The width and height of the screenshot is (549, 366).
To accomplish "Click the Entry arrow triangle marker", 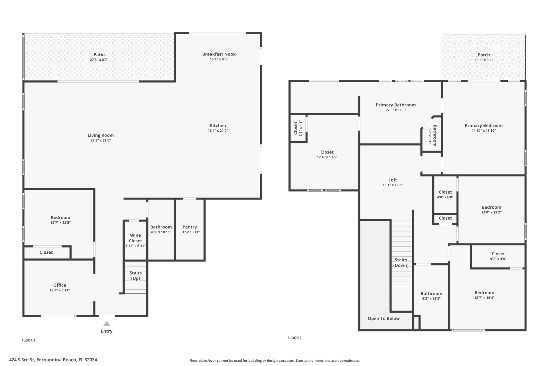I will (107, 324).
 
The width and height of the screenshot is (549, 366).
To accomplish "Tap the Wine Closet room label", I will (135, 238).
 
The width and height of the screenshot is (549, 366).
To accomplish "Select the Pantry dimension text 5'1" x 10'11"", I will (190, 232).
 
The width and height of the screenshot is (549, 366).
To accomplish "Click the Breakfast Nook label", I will (219, 54).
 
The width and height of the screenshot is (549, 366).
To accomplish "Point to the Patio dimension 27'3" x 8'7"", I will (99, 60).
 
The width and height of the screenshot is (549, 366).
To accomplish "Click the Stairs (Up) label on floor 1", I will (135, 275).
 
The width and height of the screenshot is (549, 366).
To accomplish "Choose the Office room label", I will (60, 285).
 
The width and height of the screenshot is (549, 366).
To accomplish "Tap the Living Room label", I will (101, 135).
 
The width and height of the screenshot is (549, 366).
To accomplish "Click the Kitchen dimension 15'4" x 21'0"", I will (218, 131).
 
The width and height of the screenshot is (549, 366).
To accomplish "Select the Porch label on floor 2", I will (484, 55).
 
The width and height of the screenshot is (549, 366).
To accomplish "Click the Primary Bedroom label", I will (484, 125).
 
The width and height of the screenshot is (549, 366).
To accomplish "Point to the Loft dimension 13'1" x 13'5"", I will (392, 185).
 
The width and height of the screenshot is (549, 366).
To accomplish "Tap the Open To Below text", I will (384, 319).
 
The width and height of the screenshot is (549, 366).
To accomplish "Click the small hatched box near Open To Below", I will (416, 323).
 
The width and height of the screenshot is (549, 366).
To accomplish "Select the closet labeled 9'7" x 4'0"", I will (498, 256).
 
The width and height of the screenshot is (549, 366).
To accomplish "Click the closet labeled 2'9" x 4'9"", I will (297, 128).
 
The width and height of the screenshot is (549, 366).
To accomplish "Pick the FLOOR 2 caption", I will (294, 338).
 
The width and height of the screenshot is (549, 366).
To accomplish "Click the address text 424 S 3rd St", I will (53, 360).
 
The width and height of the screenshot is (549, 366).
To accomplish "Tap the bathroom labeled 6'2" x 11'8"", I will (431, 296).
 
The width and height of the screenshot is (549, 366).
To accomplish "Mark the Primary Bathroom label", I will (396, 105).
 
